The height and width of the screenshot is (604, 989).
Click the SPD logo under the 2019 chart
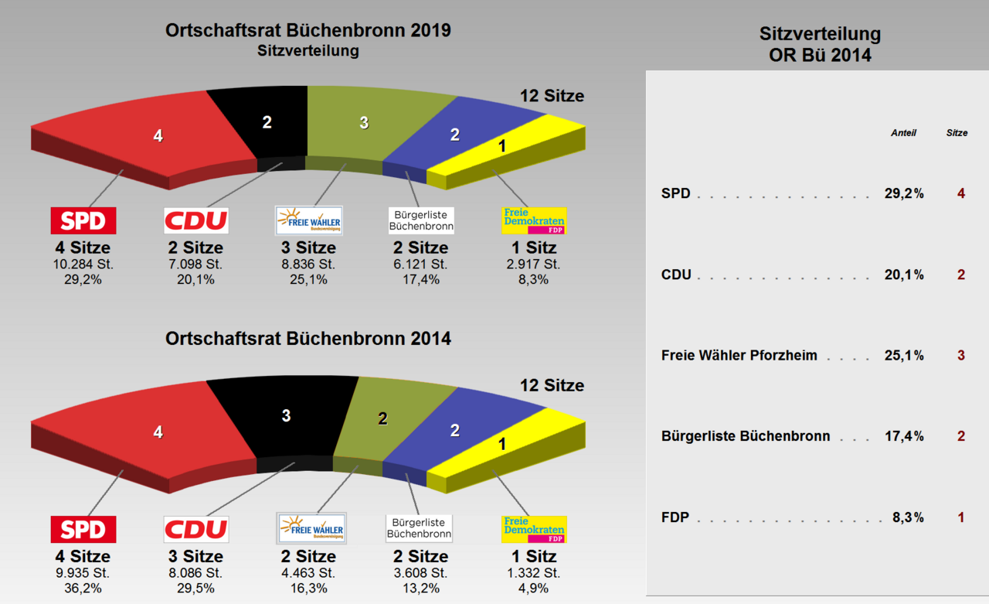pos(83,220)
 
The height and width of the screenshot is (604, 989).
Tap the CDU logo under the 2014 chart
pos(196,529)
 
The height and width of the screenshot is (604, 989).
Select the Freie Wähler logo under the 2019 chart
pos(309,220)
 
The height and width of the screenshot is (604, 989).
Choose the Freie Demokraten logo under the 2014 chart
pos(534,529)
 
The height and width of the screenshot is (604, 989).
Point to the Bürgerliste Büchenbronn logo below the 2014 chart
pos(420,529)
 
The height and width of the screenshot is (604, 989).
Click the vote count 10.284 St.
pos(83,264)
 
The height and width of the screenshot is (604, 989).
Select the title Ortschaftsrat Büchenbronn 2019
pos(308,31)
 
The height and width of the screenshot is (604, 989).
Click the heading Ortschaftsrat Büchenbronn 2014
pos(308,339)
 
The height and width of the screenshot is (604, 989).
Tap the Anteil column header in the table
pos(903,133)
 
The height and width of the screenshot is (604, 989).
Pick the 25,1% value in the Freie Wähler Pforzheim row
pos(904,356)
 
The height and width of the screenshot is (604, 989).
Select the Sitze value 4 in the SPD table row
pos(961,193)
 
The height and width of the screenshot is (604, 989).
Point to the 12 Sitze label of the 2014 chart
pos(552,385)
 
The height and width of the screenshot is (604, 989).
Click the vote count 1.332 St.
pos(534,573)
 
